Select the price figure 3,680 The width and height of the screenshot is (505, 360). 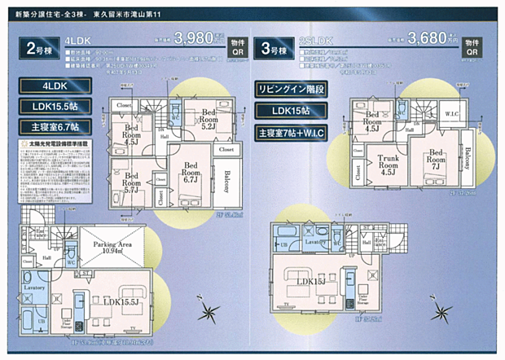click(428, 37)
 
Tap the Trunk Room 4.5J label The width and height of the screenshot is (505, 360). click(388, 164)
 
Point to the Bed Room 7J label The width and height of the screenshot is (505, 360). click(437, 159)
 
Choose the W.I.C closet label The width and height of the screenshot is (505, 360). click(450, 115)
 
